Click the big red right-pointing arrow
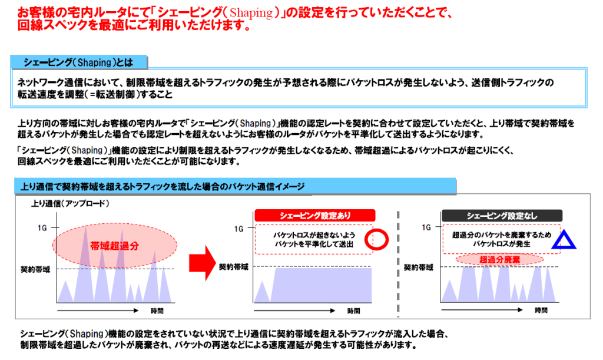tap(203, 263)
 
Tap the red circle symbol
tap(376, 230)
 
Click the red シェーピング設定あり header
tap(314, 216)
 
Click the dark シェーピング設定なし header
tap(502, 216)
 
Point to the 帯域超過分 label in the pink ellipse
tap(115, 246)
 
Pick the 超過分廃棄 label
tap(499, 260)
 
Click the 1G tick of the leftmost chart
tap(42, 228)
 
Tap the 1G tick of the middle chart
tap(239, 229)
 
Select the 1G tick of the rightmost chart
tap(426, 227)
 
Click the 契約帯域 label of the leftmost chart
tap(35, 270)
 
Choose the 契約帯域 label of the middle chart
tap(233, 267)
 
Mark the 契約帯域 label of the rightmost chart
tap(419, 267)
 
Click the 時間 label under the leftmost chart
tap(157, 311)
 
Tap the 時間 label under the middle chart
tap(353, 311)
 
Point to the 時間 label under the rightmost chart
tap(541, 310)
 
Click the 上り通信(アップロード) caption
tap(70, 203)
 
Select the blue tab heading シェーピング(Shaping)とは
tap(78, 62)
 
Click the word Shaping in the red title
tap(251, 13)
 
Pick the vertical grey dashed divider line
tap(398, 263)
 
